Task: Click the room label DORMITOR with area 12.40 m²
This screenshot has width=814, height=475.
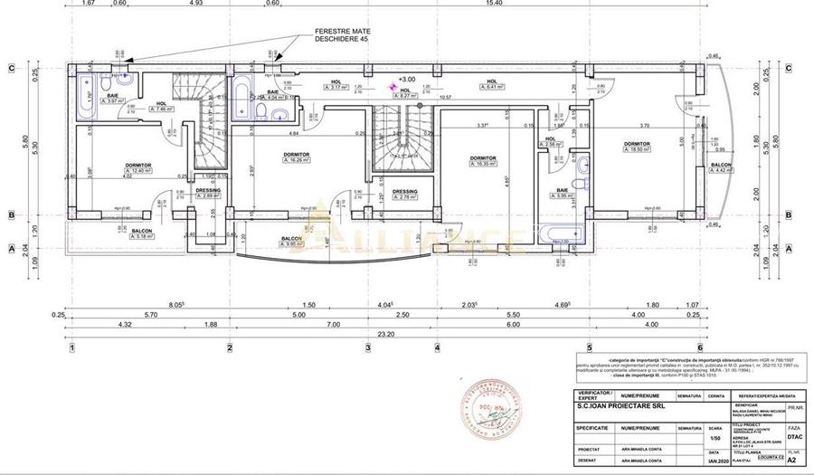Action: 138,166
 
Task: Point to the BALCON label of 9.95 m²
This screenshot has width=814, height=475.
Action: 291,240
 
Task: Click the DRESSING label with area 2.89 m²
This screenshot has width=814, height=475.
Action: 208,191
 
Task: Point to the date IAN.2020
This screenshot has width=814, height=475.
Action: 715,460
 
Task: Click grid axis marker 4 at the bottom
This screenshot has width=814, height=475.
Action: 436,347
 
